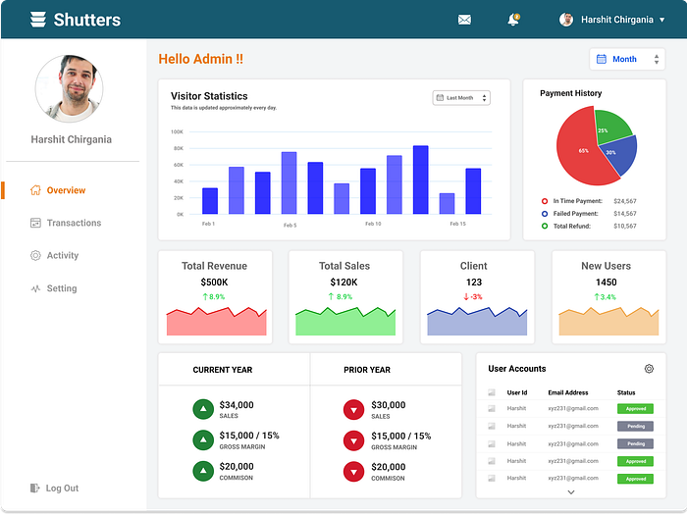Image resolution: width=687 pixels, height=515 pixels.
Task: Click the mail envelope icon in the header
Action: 464,20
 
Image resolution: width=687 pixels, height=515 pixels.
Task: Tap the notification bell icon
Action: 512,20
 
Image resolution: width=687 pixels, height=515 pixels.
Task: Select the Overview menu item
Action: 66,190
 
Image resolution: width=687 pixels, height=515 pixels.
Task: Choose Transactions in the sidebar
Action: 74,223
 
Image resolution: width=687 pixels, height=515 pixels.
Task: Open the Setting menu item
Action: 61,288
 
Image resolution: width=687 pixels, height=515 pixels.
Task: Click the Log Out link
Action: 62,488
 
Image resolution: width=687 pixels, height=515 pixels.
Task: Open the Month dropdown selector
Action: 628,59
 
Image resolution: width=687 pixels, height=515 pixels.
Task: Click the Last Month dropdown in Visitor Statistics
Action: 461,98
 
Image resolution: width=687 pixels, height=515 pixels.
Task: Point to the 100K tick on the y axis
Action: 177,131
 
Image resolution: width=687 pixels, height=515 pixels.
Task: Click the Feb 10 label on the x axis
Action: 373,224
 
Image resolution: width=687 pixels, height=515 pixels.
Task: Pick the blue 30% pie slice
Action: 618,154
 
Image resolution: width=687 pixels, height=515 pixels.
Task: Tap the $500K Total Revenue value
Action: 214,283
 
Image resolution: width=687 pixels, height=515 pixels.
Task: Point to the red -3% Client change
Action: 473,296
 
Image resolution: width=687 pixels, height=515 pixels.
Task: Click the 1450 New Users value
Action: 606,283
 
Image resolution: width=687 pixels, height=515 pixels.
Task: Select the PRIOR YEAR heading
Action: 367,370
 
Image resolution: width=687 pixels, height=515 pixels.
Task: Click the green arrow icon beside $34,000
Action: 203,409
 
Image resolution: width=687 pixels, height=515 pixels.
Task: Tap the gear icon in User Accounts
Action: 649,369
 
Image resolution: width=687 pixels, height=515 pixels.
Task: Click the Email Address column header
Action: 568,392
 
